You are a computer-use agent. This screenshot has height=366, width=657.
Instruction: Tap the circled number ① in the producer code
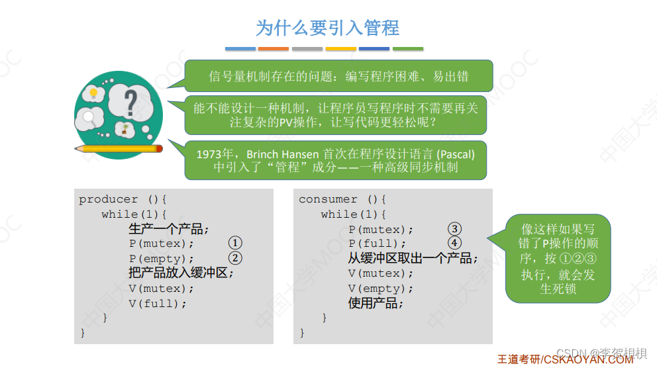click(236, 244)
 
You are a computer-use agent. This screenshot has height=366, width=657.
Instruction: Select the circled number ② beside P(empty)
click(236, 258)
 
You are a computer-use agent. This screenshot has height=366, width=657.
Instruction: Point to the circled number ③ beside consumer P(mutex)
click(454, 229)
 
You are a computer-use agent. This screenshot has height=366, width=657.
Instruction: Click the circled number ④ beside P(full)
click(454, 243)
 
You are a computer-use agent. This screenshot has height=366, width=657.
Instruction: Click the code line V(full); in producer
click(158, 304)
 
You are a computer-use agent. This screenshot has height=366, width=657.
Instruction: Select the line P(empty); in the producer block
click(162, 259)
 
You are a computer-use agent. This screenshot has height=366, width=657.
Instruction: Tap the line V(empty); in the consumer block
click(381, 289)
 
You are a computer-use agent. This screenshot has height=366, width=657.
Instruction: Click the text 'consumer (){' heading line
click(342, 199)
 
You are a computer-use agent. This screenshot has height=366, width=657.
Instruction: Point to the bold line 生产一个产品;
click(169, 229)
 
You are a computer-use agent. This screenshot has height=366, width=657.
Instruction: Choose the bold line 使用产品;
click(376, 303)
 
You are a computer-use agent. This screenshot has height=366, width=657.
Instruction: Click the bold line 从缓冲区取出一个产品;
click(413, 258)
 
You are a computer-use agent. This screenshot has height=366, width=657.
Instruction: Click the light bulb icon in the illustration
click(93, 93)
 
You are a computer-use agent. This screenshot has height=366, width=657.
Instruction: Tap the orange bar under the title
click(274, 48)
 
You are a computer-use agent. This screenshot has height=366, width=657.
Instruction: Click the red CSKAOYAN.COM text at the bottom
click(588, 359)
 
